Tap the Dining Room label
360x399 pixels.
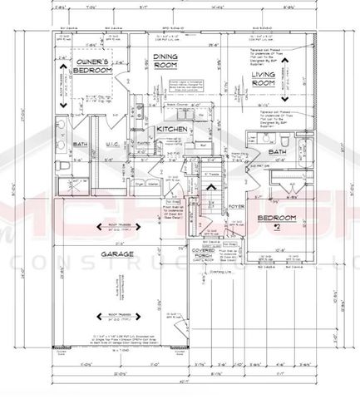pyautogui.click(x=169, y=62)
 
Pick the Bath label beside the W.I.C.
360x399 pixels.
pyautogui.click(x=81, y=144)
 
